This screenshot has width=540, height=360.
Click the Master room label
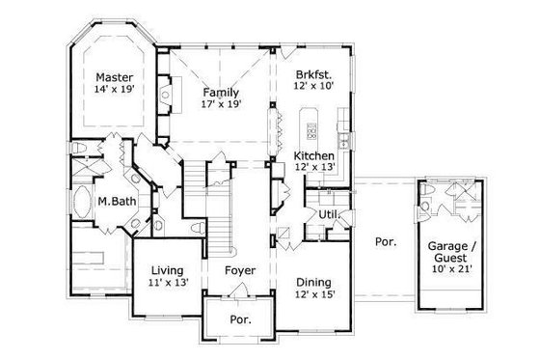[114, 76]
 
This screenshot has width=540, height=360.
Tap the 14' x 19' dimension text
[114, 89]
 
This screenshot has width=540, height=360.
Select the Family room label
[220, 92]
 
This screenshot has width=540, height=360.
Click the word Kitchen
[314, 155]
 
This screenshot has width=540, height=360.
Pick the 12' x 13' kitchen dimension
[314, 168]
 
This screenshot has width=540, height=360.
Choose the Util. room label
[329, 212]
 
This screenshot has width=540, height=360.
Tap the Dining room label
[314, 282]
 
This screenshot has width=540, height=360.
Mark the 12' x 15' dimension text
[314, 294]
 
